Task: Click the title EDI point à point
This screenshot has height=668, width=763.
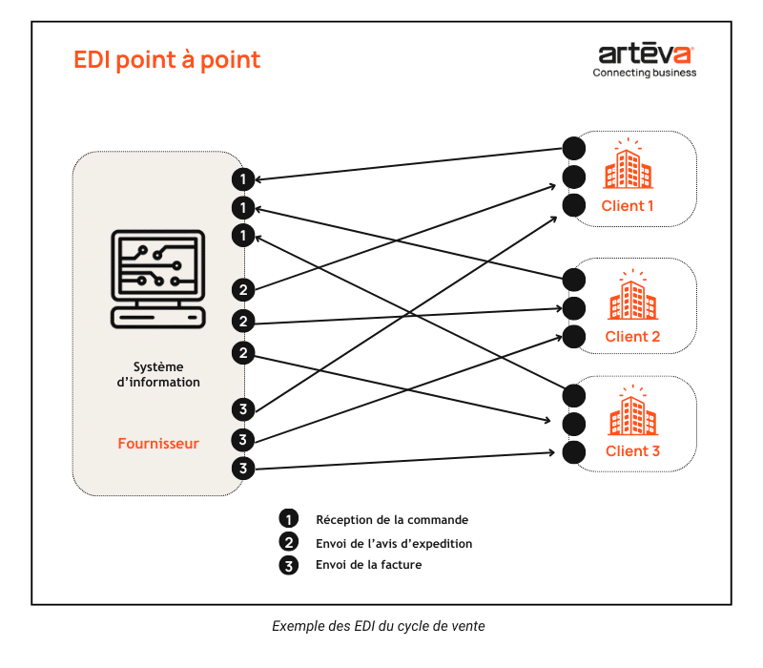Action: pos(167,59)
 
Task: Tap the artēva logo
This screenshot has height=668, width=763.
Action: pos(646,53)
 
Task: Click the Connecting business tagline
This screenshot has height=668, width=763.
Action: pos(645,73)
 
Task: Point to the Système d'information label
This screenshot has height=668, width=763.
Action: pos(158,374)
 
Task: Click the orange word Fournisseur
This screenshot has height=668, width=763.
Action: pos(158,444)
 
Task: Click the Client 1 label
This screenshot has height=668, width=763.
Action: pos(628,206)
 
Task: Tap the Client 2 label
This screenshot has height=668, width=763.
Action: pos(632,337)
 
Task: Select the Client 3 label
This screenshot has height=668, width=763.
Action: pos(632,451)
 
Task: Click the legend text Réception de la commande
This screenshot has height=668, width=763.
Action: pos(392,520)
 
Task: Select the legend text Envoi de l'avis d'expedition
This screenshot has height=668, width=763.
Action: pos(394,543)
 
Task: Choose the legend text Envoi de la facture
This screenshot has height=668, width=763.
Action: pos(368,565)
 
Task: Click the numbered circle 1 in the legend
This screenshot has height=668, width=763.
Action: pos(288,520)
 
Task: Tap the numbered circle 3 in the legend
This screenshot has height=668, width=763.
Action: pos(288,566)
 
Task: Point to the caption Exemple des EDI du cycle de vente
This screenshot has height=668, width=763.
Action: pos(380,626)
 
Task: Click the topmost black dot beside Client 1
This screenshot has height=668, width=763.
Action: pos(573,148)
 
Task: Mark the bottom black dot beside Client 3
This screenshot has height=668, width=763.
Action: pos(573,452)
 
